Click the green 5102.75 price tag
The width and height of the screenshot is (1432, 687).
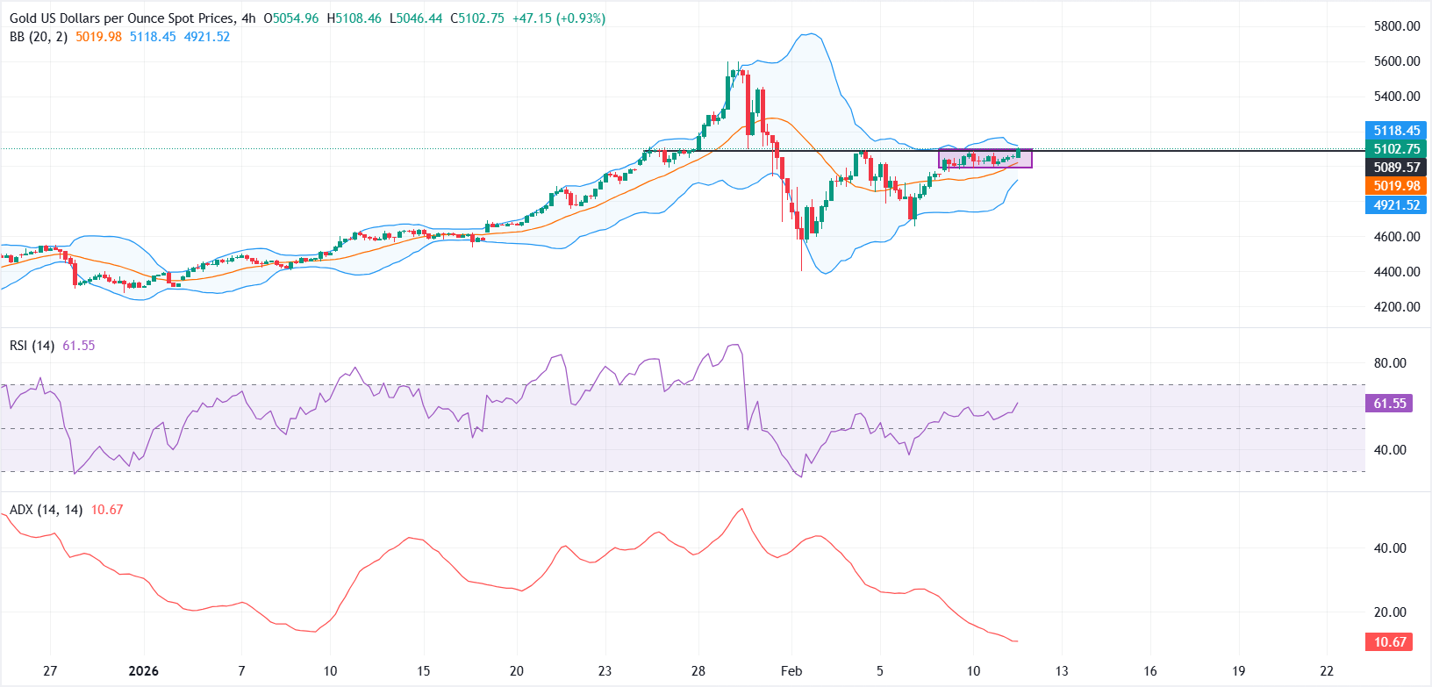pyautogui.click(x=1396, y=149)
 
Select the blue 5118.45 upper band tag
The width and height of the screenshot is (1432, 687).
pyautogui.click(x=1396, y=131)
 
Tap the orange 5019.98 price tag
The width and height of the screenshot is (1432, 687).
pyautogui.click(x=1396, y=186)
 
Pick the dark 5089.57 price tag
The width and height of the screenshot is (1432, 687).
pyautogui.click(x=1396, y=168)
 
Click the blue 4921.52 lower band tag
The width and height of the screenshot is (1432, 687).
pyautogui.click(x=1396, y=205)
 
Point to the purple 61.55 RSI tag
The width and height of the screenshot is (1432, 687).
pyautogui.click(x=1389, y=404)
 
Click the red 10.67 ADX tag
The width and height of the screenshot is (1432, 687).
pyautogui.click(x=1389, y=642)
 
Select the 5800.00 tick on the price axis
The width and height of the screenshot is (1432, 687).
pyautogui.click(x=1397, y=26)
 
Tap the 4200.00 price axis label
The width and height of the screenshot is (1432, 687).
pyautogui.click(x=1397, y=307)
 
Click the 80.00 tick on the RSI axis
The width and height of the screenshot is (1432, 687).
pyautogui.click(x=1390, y=363)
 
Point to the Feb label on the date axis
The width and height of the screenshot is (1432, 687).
pyautogui.click(x=791, y=671)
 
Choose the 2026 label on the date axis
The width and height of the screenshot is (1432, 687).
pyautogui.click(x=143, y=671)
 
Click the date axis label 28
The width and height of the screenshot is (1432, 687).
pyautogui.click(x=698, y=671)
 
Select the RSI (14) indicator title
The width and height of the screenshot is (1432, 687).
pyautogui.click(x=32, y=346)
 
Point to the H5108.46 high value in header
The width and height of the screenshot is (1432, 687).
pyautogui.click(x=354, y=18)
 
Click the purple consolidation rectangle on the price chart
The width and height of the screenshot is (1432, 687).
pyautogui.click(x=984, y=159)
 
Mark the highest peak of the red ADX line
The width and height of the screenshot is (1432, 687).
pyautogui.click(x=742, y=509)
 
